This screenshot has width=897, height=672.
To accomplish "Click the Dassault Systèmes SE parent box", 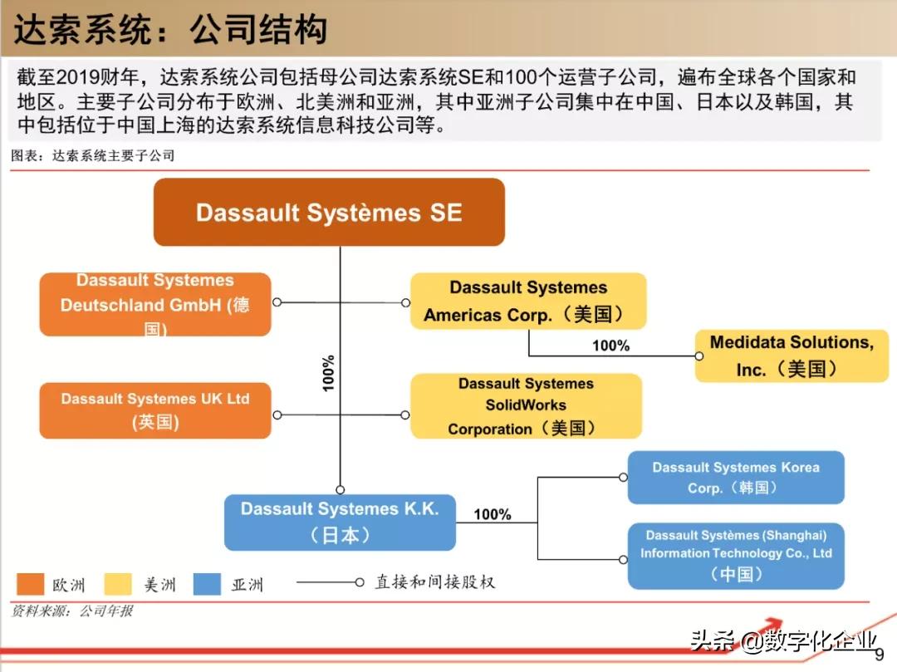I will (x=329, y=212).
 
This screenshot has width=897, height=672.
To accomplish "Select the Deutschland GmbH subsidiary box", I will (x=155, y=305).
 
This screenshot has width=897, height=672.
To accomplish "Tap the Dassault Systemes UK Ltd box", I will (x=155, y=410).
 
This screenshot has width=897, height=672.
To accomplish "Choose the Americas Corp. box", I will (x=527, y=301).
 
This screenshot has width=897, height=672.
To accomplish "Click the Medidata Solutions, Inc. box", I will (x=791, y=356).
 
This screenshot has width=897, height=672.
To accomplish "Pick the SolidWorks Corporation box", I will (x=526, y=406).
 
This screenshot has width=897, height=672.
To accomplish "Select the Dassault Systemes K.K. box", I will (x=340, y=522).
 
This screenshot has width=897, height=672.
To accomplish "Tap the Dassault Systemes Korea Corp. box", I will (x=735, y=478).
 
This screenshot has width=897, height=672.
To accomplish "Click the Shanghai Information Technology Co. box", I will (x=735, y=555).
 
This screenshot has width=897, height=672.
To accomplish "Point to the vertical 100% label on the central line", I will (x=329, y=373).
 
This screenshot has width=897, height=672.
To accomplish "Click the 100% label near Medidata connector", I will (x=610, y=346).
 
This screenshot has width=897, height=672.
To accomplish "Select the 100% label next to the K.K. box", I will (x=493, y=514).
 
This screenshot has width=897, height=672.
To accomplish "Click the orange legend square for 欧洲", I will (x=30, y=584).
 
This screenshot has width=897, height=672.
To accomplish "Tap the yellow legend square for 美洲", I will (x=118, y=584).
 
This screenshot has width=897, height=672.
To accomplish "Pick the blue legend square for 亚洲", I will (x=207, y=584).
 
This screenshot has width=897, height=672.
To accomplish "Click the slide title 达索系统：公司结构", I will (x=170, y=31).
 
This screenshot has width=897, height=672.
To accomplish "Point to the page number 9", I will (x=880, y=655).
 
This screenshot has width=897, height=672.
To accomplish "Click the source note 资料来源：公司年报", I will (x=72, y=611).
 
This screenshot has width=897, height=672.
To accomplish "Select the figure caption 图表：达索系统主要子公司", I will (x=93, y=155).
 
